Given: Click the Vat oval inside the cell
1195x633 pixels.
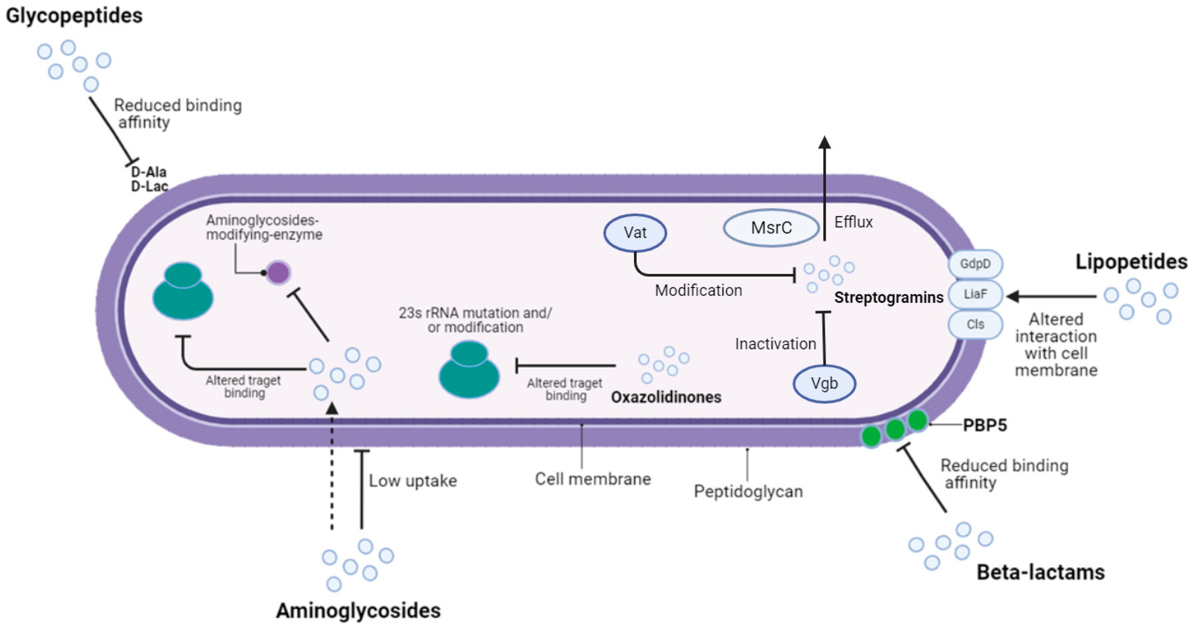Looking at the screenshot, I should tap(635, 232).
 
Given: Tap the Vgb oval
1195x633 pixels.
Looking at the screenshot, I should tap(824, 383).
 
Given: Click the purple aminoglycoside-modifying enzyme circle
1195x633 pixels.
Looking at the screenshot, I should tap(278, 273).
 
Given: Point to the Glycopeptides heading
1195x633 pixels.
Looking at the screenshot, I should tap(74, 16).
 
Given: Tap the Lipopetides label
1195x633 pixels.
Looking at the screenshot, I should tap(1131, 262).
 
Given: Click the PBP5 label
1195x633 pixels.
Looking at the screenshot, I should tap(985, 425).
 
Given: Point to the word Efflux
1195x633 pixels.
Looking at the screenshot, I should tap(853, 222).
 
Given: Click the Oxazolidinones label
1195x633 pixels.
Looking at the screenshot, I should tap(666, 397).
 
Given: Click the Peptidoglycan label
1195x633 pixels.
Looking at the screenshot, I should tap(748, 491).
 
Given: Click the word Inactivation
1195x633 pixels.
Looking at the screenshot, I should tap(775, 344).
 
